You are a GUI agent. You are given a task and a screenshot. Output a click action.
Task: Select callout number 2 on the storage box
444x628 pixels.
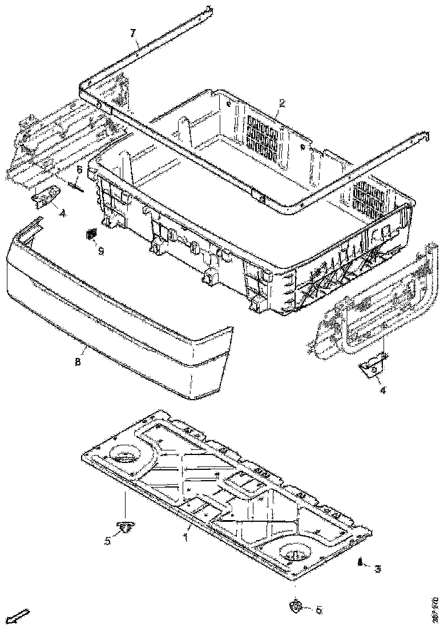pyautogui.click(x=281, y=103)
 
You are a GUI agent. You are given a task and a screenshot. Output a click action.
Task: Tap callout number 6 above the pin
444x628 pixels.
pyautogui.click(x=80, y=170)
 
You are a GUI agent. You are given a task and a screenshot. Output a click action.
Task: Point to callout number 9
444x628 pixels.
pyautogui.click(x=100, y=251)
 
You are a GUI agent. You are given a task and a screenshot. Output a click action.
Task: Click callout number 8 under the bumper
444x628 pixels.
pyautogui.click(x=78, y=361)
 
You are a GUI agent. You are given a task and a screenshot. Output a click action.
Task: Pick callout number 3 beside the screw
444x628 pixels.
pyautogui.click(x=377, y=569)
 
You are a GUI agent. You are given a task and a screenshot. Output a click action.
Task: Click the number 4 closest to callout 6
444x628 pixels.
pyautogui.click(x=62, y=213)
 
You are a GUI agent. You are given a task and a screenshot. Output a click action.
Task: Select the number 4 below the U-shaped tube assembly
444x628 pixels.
pyautogui.click(x=383, y=391)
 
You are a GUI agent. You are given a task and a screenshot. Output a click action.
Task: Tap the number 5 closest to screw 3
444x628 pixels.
pyautogui.click(x=318, y=609)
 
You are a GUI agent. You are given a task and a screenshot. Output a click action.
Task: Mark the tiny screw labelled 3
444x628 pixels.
pyautogui.click(x=361, y=563)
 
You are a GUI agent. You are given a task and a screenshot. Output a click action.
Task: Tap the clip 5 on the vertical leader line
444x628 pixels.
pyautogui.click(x=124, y=528)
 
